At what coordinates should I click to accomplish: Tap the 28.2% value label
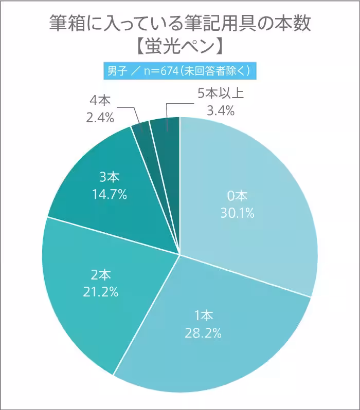point(203,332)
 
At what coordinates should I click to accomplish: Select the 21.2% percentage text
point(101,292)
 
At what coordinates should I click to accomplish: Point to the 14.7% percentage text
point(109,194)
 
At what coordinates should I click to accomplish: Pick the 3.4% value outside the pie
point(220,109)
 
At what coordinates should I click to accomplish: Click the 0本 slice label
point(237,196)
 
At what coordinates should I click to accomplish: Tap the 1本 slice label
point(203,315)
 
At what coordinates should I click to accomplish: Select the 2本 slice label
point(101,274)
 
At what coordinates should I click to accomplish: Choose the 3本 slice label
point(109,177)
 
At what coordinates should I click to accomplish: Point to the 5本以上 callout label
point(220,92)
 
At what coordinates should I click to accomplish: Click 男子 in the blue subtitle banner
point(115,71)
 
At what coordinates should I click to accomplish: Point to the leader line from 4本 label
point(135,114)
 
